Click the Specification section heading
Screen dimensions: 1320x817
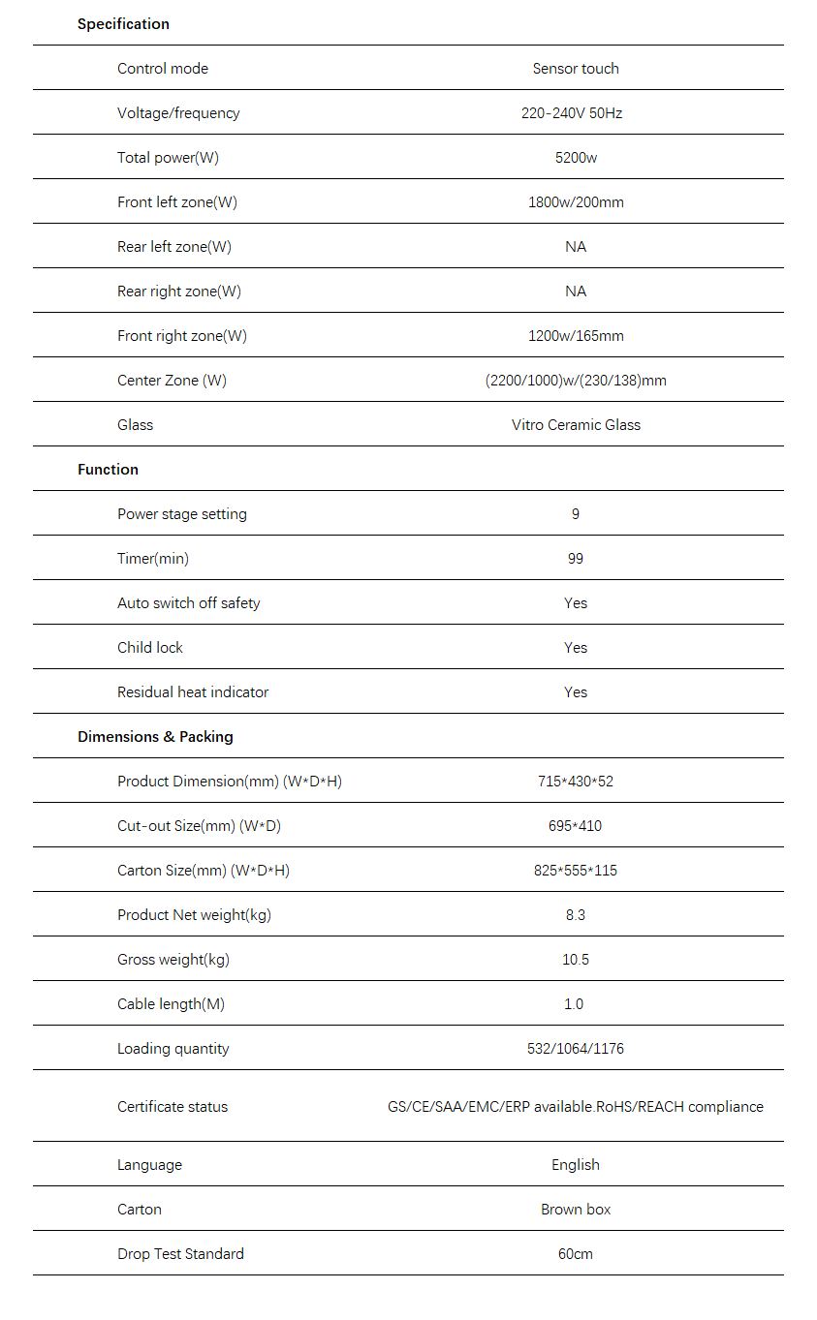(x=123, y=24)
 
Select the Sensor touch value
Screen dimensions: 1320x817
(x=576, y=69)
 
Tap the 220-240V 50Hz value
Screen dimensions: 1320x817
(x=572, y=113)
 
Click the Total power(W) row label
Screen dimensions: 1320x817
(x=168, y=158)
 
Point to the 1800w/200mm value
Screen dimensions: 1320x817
(x=576, y=202)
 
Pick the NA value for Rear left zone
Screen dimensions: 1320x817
(x=576, y=247)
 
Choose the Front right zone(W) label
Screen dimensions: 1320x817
(x=182, y=336)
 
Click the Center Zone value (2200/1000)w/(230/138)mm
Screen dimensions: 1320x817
(x=576, y=381)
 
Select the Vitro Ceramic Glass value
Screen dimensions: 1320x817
(x=576, y=425)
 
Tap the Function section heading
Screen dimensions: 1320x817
(x=108, y=470)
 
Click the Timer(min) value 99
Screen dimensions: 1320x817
(x=576, y=559)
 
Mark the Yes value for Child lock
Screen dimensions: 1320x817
(x=576, y=648)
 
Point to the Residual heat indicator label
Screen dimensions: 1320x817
(x=193, y=692)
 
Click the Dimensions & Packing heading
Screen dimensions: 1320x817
(x=155, y=737)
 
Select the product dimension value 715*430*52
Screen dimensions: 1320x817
(x=576, y=782)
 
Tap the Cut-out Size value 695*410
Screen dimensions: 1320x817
(x=576, y=826)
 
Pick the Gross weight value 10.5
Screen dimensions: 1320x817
(x=576, y=960)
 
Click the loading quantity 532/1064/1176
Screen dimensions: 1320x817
(x=576, y=1049)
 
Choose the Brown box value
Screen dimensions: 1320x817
(x=576, y=1210)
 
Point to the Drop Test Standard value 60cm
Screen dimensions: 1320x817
(x=576, y=1254)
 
